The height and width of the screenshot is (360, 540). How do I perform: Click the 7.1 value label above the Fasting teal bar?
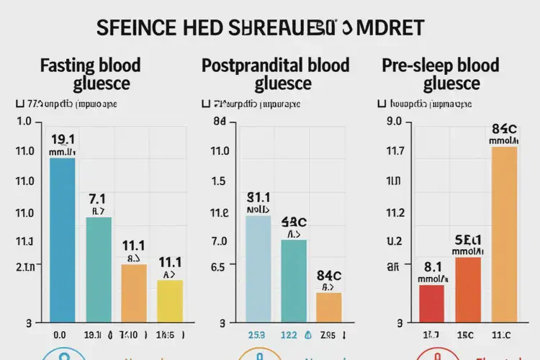coord(98,197)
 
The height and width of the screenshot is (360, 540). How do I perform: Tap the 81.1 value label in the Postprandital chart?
coord(258,197)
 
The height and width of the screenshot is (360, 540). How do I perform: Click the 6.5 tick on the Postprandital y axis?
coord(219,266)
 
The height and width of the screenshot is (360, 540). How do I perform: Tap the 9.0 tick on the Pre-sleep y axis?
coord(393,122)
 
